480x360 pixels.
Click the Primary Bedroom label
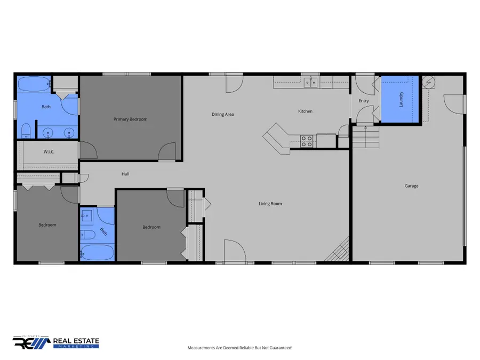point(130,119)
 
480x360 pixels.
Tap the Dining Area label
point(222,114)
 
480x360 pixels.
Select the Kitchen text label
point(305,111)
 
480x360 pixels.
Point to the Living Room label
point(270,203)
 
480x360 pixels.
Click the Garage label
point(411,186)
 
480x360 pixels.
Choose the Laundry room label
point(402,99)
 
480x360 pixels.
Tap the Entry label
point(364,101)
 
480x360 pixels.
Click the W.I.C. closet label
point(50,152)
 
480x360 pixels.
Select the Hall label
point(125,174)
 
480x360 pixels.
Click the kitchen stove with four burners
point(307,141)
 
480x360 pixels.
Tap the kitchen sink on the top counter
point(310,82)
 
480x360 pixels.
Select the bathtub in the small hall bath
point(97,252)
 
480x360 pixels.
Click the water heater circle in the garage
point(429,82)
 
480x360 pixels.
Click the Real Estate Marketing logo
point(56,342)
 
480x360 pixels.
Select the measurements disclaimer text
point(239,348)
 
